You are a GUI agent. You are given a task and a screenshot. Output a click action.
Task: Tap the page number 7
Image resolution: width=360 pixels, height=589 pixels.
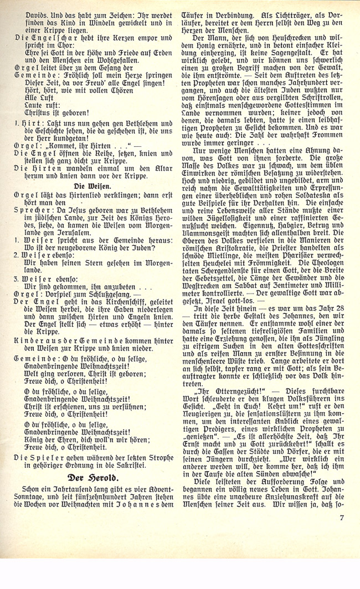[342, 518]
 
